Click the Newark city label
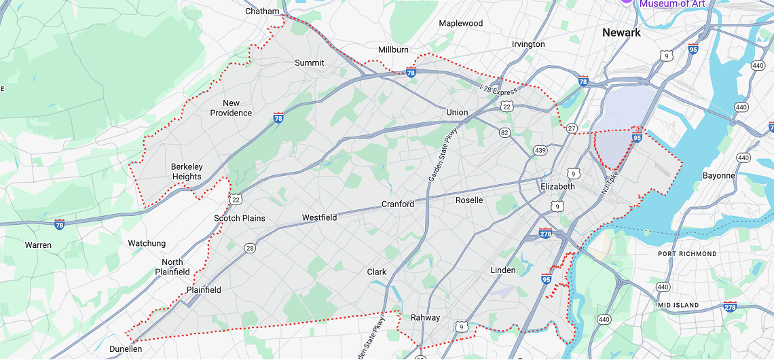coord(621,33)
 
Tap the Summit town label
coord(309,62)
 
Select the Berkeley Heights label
coord(186,172)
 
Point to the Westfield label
coord(319,217)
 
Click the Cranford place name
coord(397,204)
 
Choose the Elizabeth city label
coord(557,186)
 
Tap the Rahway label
coord(425,317)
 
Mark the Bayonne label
coord(718,175)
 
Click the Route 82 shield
coord(504,132)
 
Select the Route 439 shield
coord(540,150)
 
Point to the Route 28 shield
coord(250,249)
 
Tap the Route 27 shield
coord(572,128)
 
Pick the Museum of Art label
coord(671,4)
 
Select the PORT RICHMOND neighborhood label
coord(687,253)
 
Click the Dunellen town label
coord(126,348)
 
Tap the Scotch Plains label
coord(239,218)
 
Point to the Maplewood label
coord(460,23)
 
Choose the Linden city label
coord(502,270)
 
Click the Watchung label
coord(147,243)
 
